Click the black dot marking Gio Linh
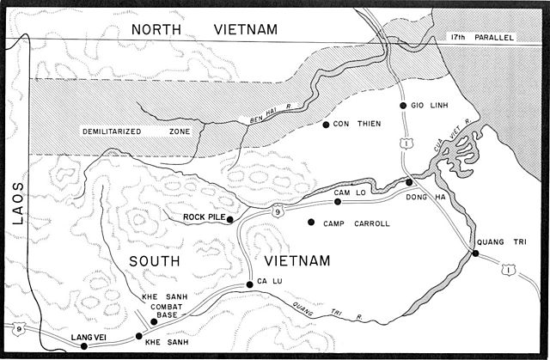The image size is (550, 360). click(x=402, y=105)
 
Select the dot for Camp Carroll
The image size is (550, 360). click(x=310, y=223)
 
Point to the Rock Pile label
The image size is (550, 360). click(x=204, y=218)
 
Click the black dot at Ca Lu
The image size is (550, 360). click(x=250, y=284)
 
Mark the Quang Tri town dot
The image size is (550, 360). click(x=475, y=253)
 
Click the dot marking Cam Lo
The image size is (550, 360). click(x=338, y=202)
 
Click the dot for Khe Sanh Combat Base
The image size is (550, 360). click(x=154, y=321)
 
